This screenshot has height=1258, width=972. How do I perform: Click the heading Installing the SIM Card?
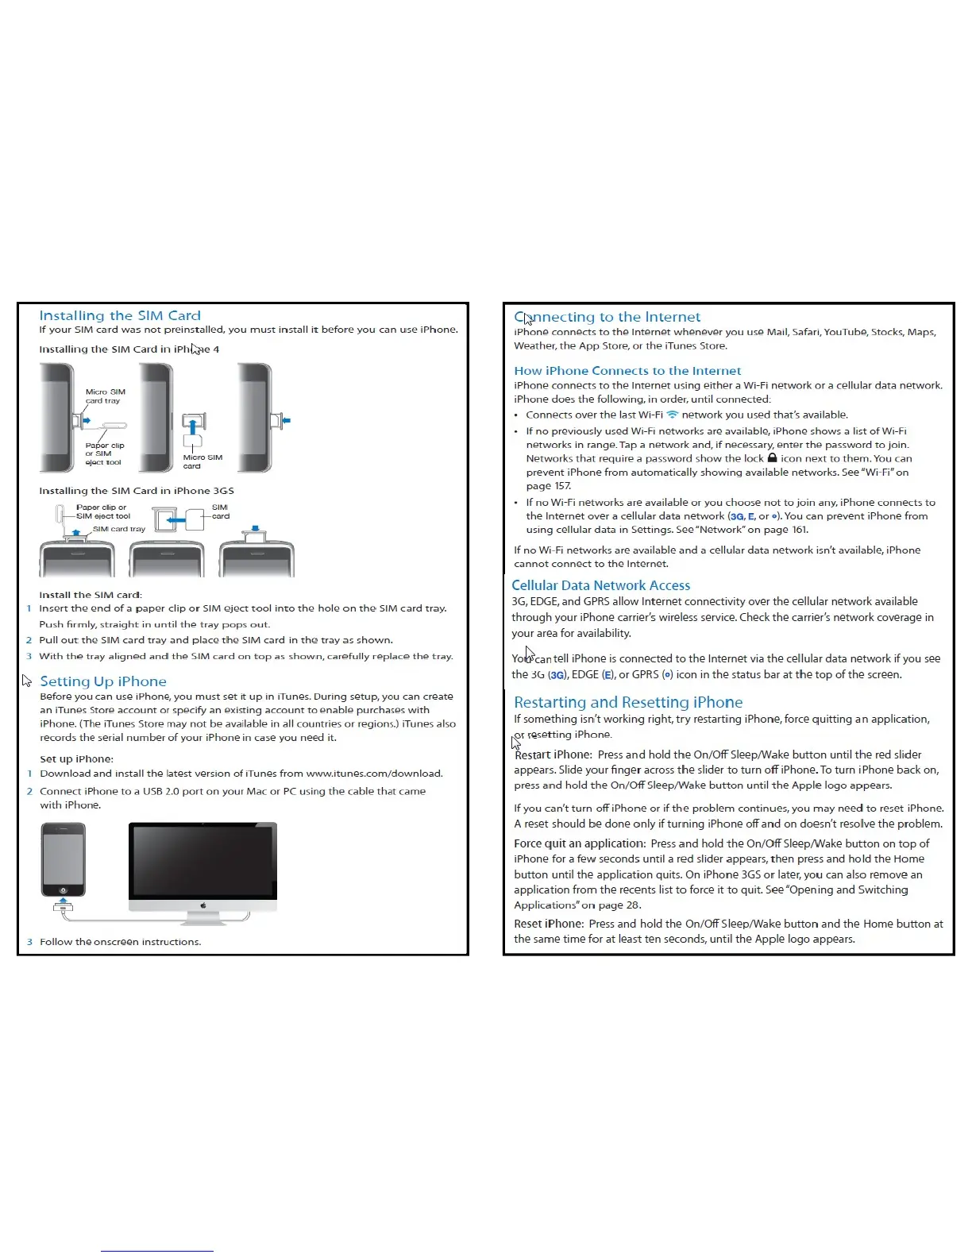pos(120,315)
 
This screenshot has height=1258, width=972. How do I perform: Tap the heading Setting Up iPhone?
pos(103,681)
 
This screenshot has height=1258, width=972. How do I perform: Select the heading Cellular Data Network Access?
pos(600,585)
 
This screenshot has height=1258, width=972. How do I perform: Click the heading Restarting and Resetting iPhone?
pos(628,702)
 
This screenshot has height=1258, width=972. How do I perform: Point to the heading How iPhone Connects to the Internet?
pos(627,371)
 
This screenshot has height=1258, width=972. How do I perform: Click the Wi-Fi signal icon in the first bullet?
pos(673,415)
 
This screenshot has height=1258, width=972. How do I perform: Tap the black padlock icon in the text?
pos(772,458)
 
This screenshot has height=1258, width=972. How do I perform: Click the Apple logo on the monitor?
pos(203,905)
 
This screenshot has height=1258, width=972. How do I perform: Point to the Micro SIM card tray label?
pos(105,396)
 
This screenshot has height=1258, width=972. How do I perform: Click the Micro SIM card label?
pos(202,461)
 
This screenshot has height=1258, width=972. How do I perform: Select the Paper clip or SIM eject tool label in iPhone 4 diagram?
pos(105,454)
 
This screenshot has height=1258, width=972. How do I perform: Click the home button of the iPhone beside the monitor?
pos(63,889)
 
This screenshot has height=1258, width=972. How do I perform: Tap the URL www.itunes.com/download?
pos(374,774)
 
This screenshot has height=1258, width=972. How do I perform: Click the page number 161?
pos(800,530)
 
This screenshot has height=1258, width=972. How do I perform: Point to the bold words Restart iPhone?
pos(553,754)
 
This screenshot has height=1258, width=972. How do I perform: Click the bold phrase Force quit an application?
pos(580,843)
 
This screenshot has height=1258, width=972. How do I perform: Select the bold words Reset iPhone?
pos(549,924)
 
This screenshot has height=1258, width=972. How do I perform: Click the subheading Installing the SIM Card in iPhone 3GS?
pos(137,491)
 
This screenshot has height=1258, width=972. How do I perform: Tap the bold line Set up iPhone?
pos(76,759)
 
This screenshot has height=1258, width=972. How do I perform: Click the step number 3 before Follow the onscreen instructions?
pos(29,942)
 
